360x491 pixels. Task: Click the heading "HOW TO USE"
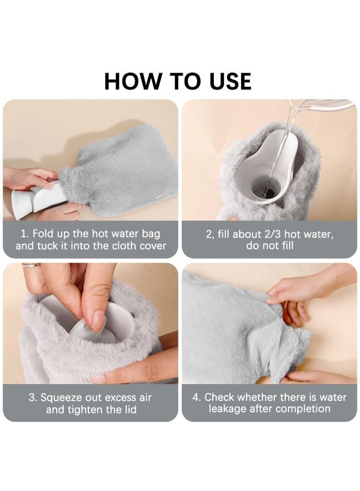click(178, 81)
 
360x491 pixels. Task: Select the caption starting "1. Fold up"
click(91, 239)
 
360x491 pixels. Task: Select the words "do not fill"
click(269, 245)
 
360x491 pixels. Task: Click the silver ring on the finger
click(32, 266)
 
